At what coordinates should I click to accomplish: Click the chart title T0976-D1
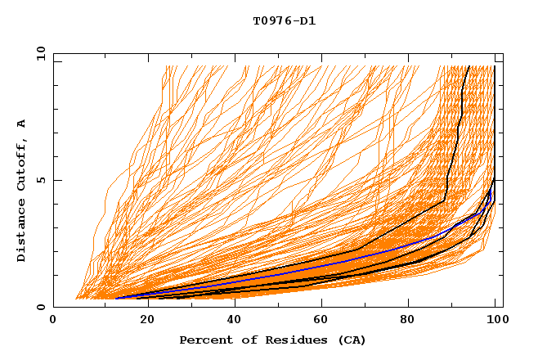(284, 21)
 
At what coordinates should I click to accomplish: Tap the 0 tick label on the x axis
(53, 321)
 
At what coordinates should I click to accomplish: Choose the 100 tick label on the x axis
(496, 321)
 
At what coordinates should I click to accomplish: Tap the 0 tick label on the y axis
(41, 308)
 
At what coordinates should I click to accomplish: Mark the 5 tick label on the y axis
(41, 180)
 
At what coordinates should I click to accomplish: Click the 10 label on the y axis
(38, 53)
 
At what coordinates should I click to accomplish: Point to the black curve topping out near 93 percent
(462, 106)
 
